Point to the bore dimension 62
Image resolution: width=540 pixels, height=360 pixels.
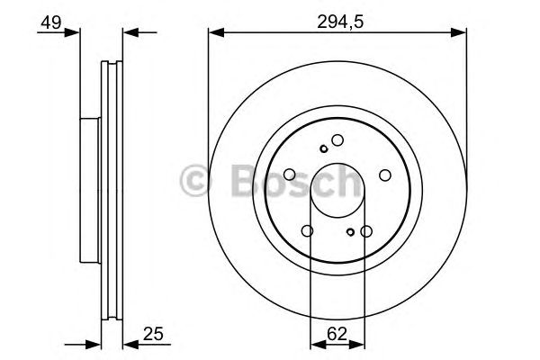[337, 334]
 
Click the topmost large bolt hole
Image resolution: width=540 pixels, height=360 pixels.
[337, 139]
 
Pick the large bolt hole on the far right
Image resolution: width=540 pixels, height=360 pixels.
[383, 175]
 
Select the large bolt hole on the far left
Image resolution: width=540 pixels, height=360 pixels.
[290, 175]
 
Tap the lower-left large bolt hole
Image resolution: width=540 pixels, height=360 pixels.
[308, 231]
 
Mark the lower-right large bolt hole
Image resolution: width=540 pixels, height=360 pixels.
[365, 231]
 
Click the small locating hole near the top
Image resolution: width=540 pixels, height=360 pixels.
[323, 149]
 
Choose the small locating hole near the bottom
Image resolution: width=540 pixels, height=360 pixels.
[350, 231]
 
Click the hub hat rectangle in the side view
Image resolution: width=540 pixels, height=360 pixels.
[87, 188]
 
